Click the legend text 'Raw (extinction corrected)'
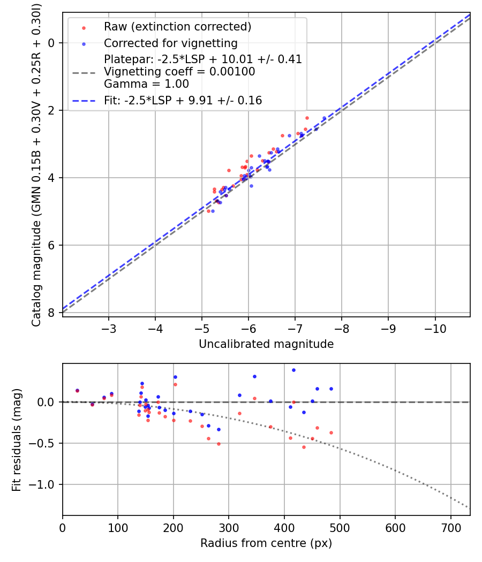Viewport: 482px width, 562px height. pos(177,27)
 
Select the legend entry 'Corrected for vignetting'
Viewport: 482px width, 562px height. pos(170,43)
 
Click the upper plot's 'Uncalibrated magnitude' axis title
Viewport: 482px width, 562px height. pos(266,344)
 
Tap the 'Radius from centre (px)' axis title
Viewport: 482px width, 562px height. pos(266,543)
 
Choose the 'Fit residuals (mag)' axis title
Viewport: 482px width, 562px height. pos(17,439)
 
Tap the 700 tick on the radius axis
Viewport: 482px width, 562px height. pos(450,526)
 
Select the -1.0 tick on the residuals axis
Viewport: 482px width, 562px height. pos(45,484)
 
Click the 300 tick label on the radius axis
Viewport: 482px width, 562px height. pos(229,526)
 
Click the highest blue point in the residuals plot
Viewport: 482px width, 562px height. pos(293,370)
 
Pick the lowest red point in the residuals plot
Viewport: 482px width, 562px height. pos(304,447)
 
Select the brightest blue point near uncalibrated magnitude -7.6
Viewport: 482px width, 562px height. pos(324,118)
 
